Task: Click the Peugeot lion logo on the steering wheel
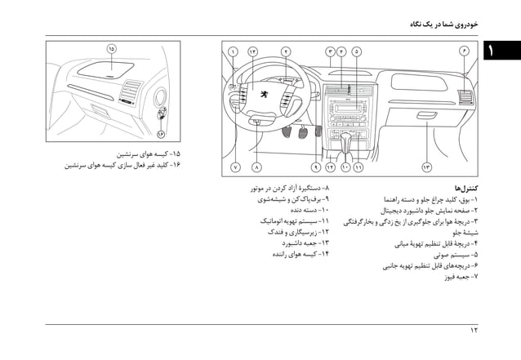[x=264, y=94]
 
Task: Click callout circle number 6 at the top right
[x=465, y=51]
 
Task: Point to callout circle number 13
[x=426, y=167]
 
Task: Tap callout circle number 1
[x=234, y=51]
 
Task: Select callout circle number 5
[x=357, y=51]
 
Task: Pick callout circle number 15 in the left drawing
[x=111, y=49]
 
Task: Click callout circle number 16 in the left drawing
[x=161, y=133]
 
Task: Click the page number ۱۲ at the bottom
[x=474, y=330]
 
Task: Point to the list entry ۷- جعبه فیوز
[x=461, y=277]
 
